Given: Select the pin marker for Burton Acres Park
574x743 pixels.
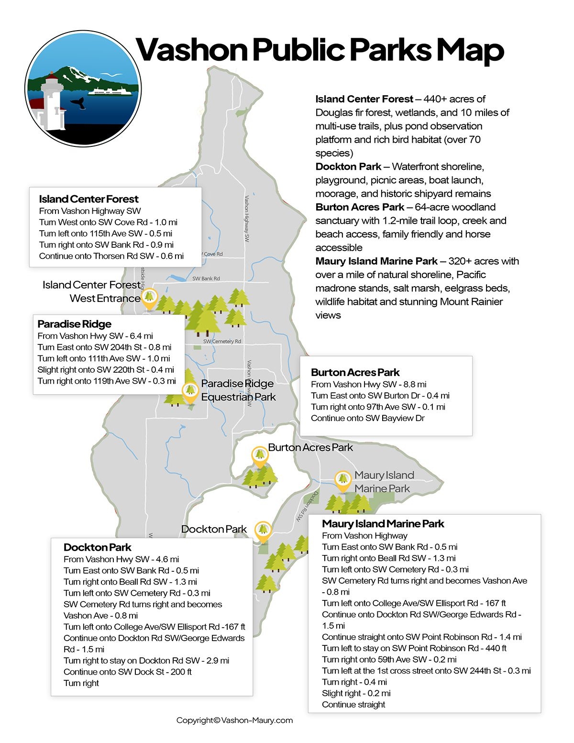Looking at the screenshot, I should (260, 456).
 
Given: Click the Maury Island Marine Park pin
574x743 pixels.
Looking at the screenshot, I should (342, 480).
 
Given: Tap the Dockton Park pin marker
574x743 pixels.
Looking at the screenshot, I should (263, 531).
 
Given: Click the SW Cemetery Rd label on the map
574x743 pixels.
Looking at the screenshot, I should (222, 341).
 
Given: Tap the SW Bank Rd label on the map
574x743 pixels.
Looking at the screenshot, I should (206, 278).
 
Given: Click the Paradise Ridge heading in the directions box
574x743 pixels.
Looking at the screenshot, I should (74, 324).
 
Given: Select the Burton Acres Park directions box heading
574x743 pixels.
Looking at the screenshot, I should (355, 372).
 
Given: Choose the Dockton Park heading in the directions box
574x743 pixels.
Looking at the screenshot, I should (97, 547).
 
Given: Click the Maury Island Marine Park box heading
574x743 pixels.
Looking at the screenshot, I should (383, 524).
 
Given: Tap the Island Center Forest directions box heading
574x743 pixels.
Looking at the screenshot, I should (88, 199).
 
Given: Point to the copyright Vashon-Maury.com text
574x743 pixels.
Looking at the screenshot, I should (234, 720).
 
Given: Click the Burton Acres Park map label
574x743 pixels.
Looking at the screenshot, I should (310, 447).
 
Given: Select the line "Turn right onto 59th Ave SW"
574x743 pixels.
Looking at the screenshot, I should (389, 659).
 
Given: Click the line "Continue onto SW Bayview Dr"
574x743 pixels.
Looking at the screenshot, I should (367, 418).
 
